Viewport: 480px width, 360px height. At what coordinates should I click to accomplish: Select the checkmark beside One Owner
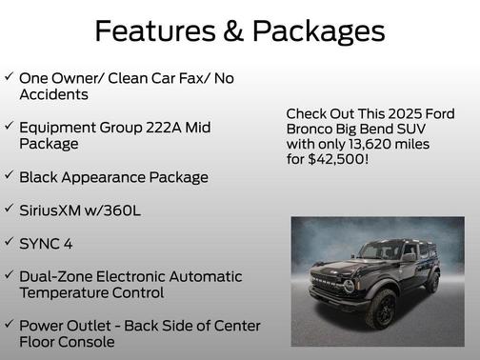[x=9, y=76]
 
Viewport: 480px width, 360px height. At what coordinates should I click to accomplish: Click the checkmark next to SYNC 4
[x=9, y=242]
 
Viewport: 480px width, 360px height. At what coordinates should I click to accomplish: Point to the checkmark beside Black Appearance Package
[x=9, y=175]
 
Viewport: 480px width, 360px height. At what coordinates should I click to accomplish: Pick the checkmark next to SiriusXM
[x=9, y=209]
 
